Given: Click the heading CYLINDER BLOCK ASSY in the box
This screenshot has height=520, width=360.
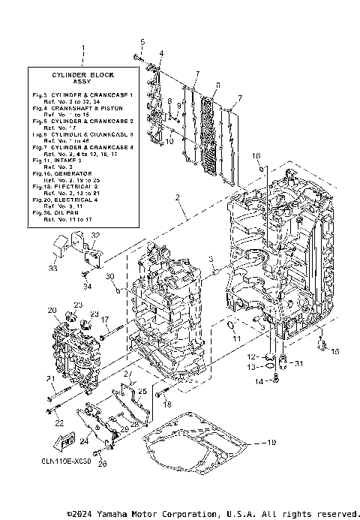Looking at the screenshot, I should point(82,79).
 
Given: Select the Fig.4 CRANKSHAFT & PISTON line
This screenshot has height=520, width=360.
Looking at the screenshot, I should point(79,107).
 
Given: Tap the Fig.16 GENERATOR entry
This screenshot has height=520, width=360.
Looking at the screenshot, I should point(64,173).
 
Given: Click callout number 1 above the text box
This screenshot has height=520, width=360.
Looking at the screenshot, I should point(82,47).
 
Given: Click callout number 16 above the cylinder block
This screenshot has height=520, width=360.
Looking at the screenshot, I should point(256,156).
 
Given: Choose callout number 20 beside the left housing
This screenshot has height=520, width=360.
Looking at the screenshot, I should point(52,310).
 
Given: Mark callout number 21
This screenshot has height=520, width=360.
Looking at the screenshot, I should point(49,379).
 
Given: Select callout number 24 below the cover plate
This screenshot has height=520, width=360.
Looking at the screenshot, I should point(85,431).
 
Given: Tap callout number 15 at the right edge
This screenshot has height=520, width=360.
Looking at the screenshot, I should point(334,350).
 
